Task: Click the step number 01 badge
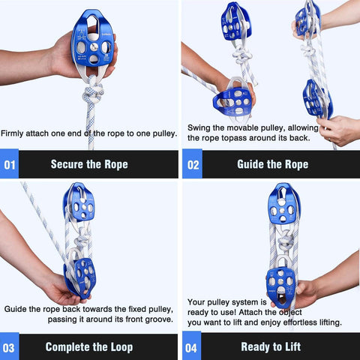click(9, 164)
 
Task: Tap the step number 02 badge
click(193, 164)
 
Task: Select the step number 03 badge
click(9, 346)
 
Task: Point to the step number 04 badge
click(193, 346)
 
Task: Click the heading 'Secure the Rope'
click(89, 164)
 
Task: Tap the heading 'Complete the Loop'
click(89, 346)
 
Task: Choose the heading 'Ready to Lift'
click(269, 346)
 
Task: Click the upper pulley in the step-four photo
click(283, 204)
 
